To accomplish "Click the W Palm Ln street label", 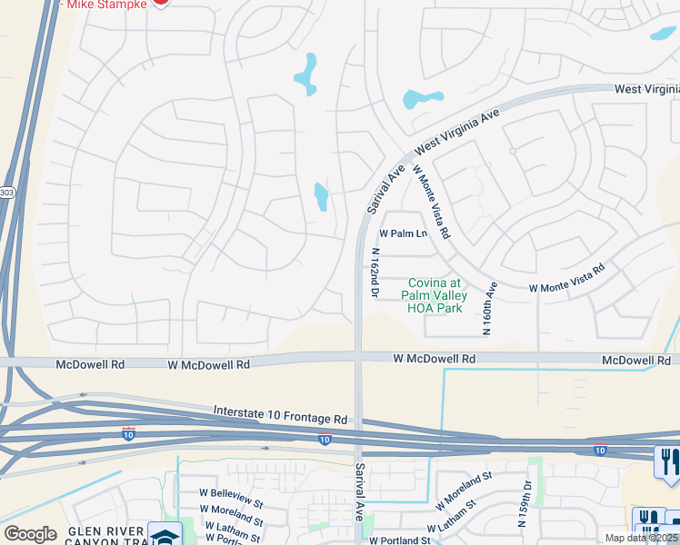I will click(x=403, y=233).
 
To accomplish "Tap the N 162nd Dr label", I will click(x=374, y=272).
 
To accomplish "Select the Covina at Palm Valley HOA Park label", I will click(x=437, y=295).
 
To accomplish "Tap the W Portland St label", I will click(x=396, y=540).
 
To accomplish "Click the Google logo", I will click(x=30, y=534).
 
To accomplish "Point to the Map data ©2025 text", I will click(x=640, y=538).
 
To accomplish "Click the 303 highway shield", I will click(x=7, y=193).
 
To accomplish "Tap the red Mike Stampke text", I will click(x=103, y=4).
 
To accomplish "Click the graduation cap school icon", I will click(x=165, y=535).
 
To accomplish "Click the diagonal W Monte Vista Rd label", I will click(x=432, y=202).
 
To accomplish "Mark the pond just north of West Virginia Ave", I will click(x=423, y=98).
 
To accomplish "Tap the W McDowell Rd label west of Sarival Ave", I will click(x=208, y=364).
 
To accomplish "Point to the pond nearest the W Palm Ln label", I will click(x=321, y=196).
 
